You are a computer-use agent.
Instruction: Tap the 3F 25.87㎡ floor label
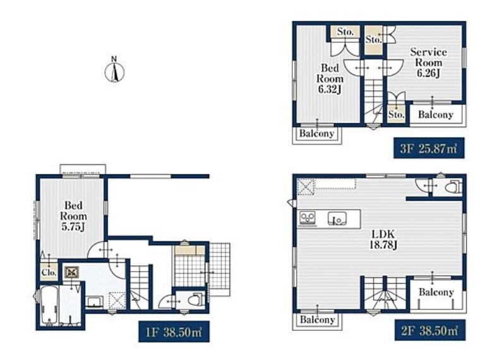[x=429, y=148]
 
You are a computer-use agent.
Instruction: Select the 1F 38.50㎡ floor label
[x=174, y=332]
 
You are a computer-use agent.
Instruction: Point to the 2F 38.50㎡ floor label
[x=429, y=330]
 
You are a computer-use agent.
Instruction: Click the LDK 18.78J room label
[x=383, y=239]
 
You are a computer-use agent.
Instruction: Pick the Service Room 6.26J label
[x=428, y=63]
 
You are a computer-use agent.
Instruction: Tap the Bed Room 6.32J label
[x=330, y=78]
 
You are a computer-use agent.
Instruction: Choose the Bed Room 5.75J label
[x=73, y=216]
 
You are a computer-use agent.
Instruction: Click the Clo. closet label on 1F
[x=49, y=273]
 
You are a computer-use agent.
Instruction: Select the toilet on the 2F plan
[x=453, y=186]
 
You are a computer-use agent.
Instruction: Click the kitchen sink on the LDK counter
[x=337, y=219]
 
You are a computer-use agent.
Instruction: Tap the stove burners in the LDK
[x=308, y=218]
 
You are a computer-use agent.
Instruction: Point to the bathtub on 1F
[x=50, y=305]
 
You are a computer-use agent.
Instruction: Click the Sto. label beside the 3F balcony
[x=397, y=114]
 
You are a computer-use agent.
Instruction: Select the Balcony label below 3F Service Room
[x=436, y=114]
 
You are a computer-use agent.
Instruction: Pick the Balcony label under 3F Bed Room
[x=316, y=133]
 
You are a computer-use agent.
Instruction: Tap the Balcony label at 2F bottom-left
[x=317, y=320]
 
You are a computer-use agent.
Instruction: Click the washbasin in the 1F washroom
[x=94, y=302]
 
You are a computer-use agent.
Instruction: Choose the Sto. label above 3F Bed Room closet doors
[x=345, y=32]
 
